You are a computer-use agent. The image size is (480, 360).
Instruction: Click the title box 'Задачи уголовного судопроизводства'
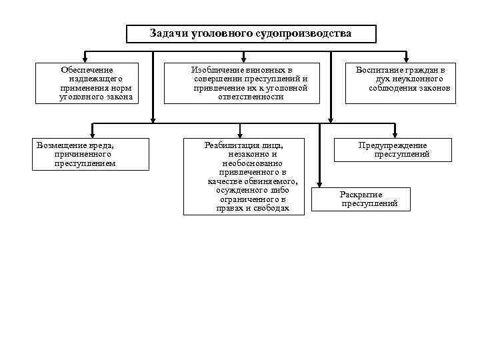pyautogui.click(x=251, y=34)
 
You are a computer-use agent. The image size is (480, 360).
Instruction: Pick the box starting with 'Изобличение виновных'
pyautogui.click(x=250, y=83)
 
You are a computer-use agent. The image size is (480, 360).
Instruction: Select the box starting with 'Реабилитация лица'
pyautogui.click(x=243, y=176)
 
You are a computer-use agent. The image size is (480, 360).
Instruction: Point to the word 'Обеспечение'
pyautogui.click(x=87, y=69)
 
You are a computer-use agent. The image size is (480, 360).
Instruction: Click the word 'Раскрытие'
pyautogui.click(x=361, y=194)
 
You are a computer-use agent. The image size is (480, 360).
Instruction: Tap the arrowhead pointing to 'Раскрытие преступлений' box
pyautogui.click(x=321, y=185)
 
